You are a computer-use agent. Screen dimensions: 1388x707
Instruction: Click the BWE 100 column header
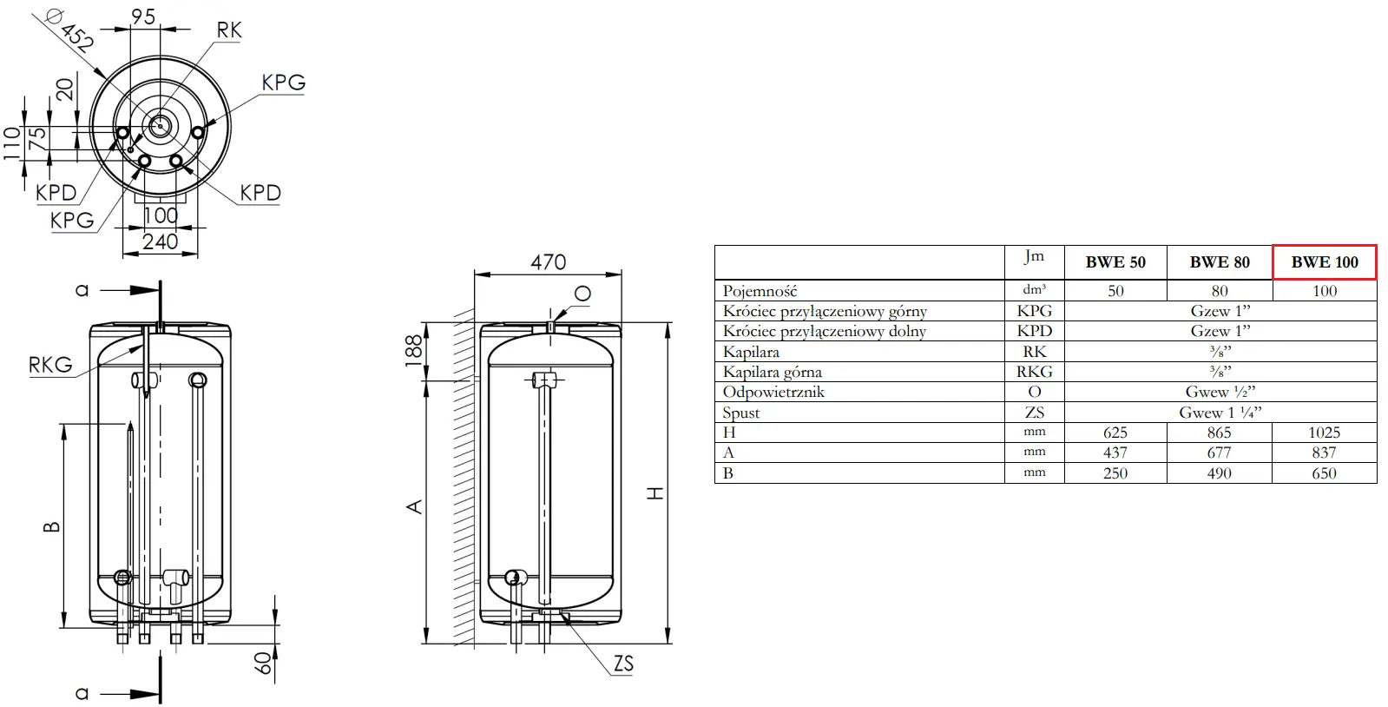pos(1324,262)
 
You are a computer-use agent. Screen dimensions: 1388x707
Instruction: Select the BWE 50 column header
pos(1115,262)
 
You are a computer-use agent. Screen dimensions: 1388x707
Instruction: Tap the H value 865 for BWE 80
pos(1219,433)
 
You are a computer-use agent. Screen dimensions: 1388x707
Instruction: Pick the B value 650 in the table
pos(1324,473)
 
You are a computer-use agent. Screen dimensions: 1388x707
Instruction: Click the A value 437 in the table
pos(1115,453)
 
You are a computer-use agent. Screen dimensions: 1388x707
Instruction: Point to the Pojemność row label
pos(760,291)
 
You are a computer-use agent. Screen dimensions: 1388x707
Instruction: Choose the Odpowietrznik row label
pos(773,392)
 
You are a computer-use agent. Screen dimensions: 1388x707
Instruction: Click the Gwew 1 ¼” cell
pos(1220,413)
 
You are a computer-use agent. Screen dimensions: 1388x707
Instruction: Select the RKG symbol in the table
pos(1034,372)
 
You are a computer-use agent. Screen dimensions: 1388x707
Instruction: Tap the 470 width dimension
pos(549,262)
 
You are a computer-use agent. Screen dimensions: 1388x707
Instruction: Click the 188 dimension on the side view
pos(414,351)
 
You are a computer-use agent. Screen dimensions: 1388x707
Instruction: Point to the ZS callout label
pos(623,664)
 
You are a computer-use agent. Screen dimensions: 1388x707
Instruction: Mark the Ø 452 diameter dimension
pos(70,29)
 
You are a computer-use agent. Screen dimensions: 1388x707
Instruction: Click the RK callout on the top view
pos(228,30)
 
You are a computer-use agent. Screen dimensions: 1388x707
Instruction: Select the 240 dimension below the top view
pos(160,241)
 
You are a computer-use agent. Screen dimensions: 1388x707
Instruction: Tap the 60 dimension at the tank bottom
pos(264,663)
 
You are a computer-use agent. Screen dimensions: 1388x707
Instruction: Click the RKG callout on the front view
pos(50,365)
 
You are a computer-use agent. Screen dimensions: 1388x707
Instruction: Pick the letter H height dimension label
pos(655,493)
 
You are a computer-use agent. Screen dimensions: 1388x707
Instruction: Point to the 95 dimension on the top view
pos(144,17)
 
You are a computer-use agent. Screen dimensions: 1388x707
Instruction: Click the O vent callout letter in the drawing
pos(582,294)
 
